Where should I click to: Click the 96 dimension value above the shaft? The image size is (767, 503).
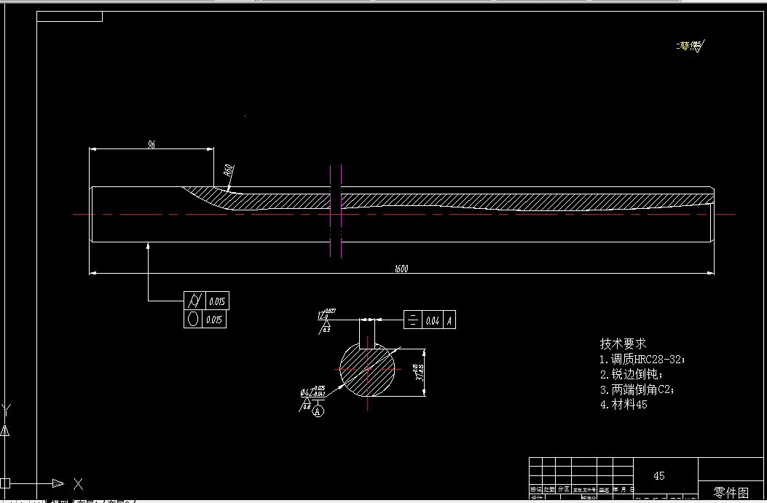pos(152,145)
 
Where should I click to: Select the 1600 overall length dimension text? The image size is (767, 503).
pos(401,269)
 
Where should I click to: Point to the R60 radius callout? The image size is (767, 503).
pos(229,172)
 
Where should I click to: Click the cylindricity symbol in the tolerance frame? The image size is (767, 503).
pos(194,300)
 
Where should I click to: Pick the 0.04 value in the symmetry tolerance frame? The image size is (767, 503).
pos(433,320)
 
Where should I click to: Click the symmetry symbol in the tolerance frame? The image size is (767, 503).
pos(413,320)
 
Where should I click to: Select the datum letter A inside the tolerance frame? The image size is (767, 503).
pos(449,320)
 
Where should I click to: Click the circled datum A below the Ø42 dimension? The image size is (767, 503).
pos(318,411)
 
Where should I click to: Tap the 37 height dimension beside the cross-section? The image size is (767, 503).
pos(417,373)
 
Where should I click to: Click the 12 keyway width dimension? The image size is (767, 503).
pos(320,316)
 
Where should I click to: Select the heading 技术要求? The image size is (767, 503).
pos(623,344)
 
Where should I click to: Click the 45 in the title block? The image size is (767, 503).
pos(658,475)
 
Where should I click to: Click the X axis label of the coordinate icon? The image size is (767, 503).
pos(79,483)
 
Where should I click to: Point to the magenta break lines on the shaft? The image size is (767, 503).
pos(336,211)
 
